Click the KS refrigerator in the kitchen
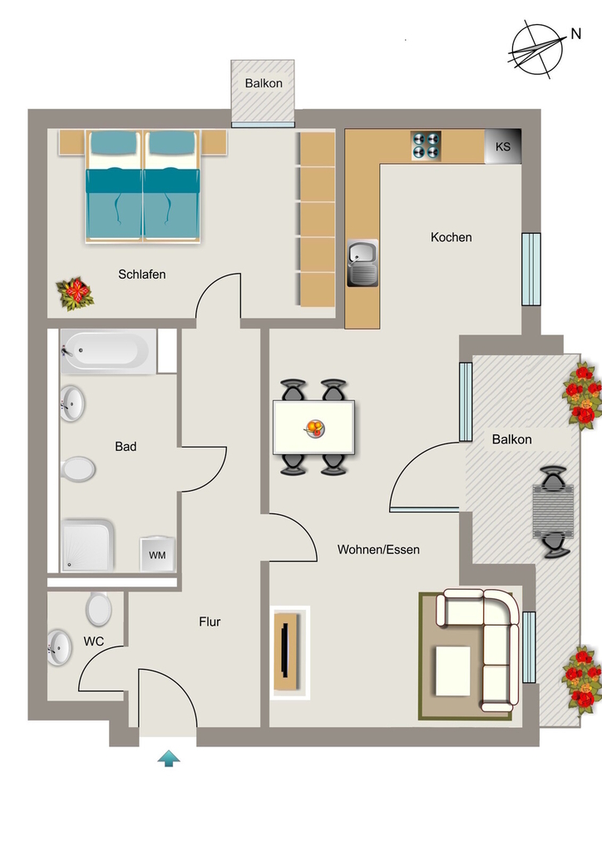point(503,146)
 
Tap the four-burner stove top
point(426,146)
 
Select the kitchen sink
point(363,263)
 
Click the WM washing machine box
point(157,555)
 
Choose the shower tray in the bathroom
point(87,546)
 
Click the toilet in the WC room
point(99,608)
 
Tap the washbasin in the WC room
point(59,647)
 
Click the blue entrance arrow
point(169,759)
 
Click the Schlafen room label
point(141,275)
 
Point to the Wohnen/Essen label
point(378,549)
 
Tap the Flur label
point(210,622)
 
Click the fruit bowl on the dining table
point(314,428)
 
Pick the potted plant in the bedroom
point(75,294)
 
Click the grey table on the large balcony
point(553,511)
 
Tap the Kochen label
point(451,237)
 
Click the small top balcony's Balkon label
point(264,83)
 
